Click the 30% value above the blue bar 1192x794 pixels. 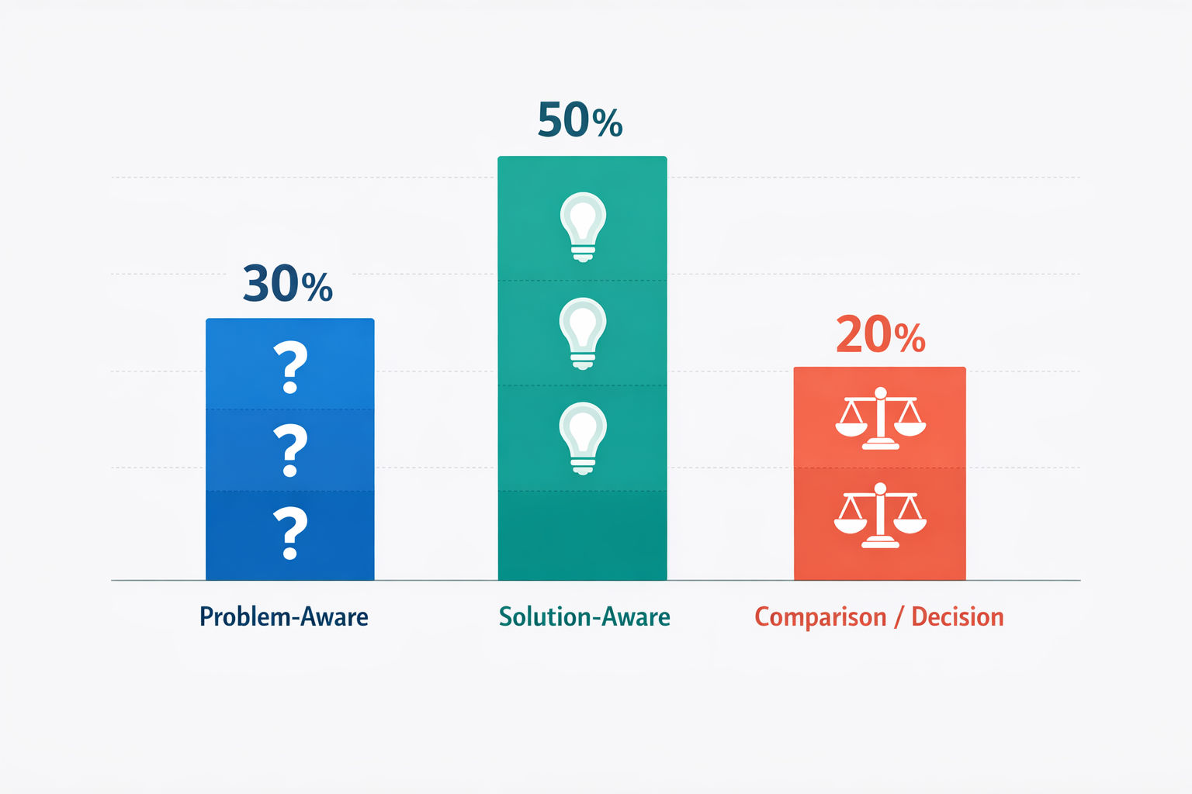288,284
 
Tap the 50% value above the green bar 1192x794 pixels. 580,120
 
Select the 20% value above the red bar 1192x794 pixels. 881,335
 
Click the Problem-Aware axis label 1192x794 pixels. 283,617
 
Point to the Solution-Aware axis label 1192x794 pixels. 584,617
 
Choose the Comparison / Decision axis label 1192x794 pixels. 879,617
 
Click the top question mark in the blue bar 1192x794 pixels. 290,368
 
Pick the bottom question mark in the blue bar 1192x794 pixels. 290,533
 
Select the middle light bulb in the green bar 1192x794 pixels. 583,333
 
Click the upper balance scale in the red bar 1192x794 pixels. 881,419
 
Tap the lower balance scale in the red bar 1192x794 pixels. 880,516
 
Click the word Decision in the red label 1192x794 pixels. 958,617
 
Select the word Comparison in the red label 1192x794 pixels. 820,618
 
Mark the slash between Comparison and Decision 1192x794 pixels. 899,617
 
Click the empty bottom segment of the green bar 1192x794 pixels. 582,536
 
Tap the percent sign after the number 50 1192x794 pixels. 607,123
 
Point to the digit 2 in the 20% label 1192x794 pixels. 849,334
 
